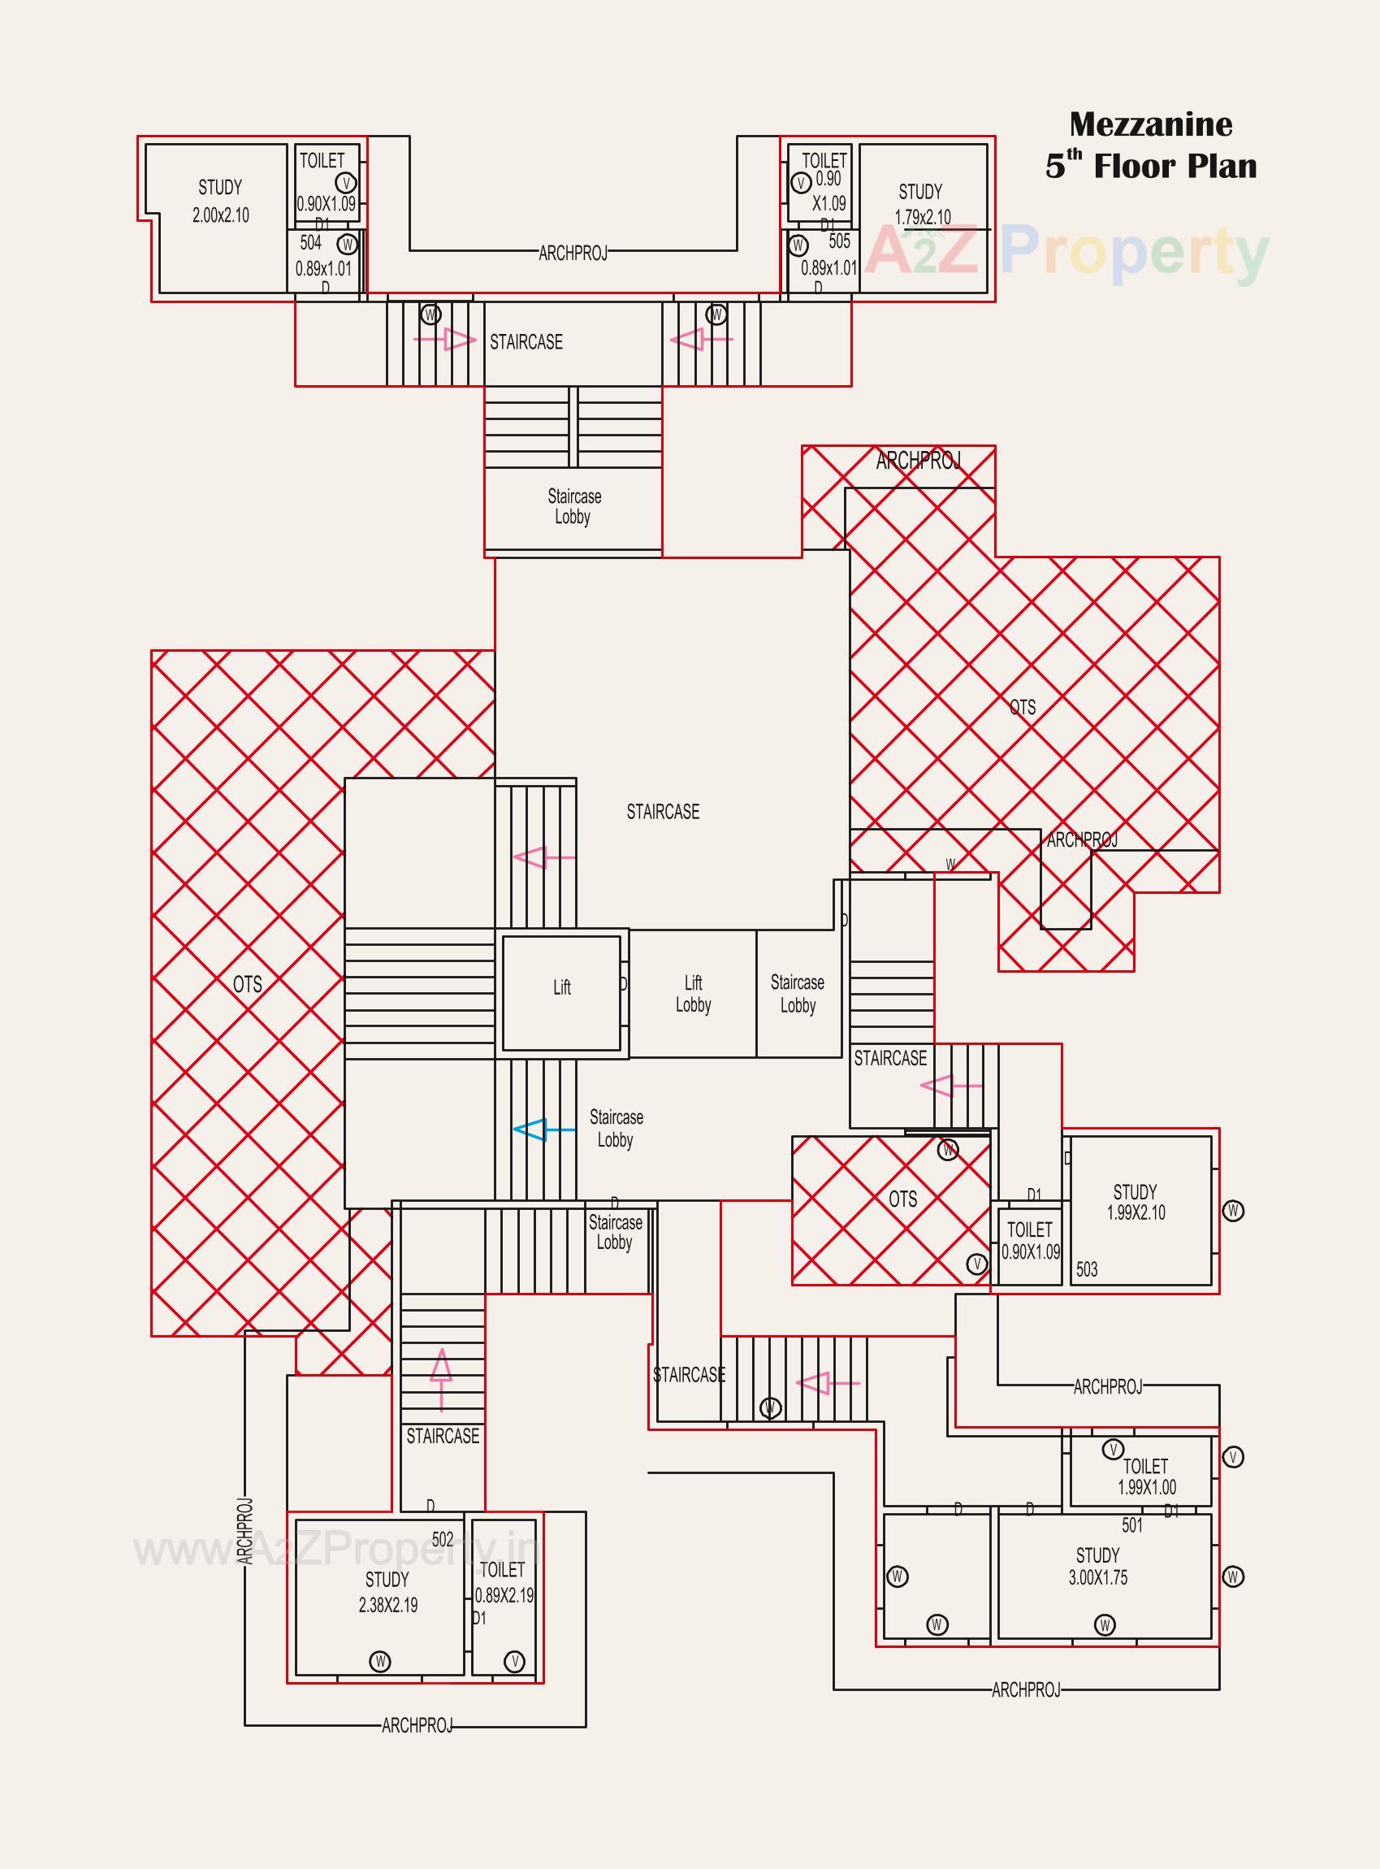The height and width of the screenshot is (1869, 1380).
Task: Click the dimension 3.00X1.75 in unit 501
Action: pos(1097,1578)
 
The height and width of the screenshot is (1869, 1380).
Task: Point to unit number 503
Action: pos(1087,1270)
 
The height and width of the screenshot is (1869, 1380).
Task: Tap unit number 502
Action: pos(443,1539)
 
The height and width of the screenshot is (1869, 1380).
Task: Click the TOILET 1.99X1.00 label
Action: pos(1146,1477)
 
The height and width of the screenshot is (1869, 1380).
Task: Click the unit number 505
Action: pos(840,241)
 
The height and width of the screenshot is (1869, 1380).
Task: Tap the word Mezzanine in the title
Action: pos(1150,125)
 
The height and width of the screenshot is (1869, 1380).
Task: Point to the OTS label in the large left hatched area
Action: pos(247,984)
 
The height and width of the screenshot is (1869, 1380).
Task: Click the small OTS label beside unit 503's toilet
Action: pos(902,1199)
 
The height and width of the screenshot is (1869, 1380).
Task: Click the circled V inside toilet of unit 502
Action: pos(515,1661)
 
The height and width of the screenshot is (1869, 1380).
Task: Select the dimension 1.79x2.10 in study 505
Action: pos(922,217)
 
